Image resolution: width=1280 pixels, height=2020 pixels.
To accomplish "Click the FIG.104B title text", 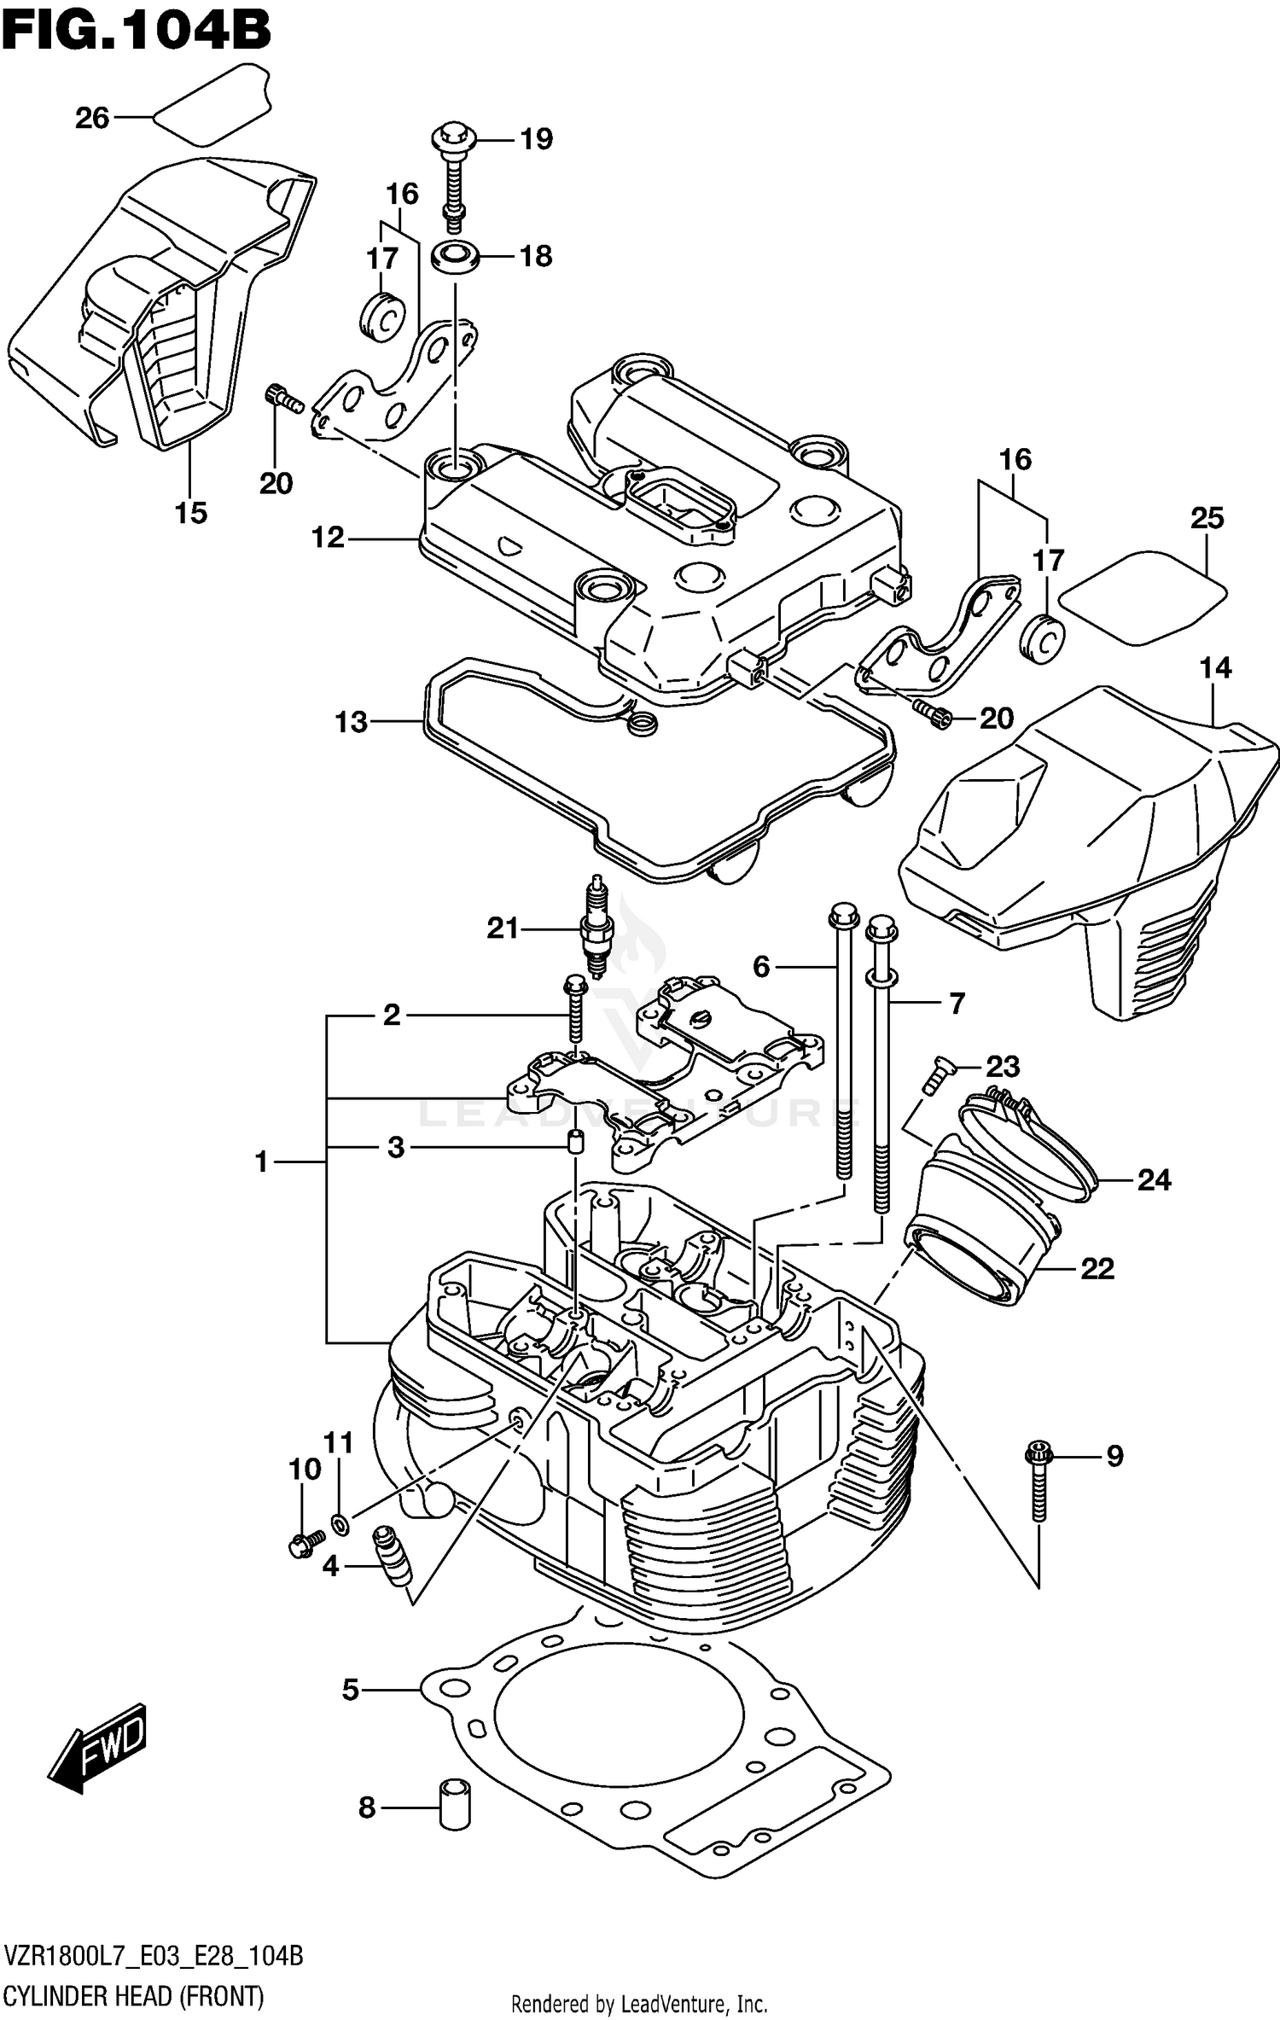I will (137, 32).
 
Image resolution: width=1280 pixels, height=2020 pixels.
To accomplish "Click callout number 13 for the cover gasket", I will (351, 722).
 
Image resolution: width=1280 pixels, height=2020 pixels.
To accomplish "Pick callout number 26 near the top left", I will (92, 117).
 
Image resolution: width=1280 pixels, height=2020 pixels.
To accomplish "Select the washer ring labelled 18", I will (454, 256).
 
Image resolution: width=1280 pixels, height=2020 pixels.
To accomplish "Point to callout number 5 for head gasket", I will (351, 1689).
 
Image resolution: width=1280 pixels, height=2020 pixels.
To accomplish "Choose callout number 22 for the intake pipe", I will (1097, 1269).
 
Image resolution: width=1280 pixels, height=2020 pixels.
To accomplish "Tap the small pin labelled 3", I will (575, 1141).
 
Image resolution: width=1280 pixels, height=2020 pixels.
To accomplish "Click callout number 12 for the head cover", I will (328, 538).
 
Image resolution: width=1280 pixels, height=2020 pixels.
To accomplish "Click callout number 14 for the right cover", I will (1215, 667).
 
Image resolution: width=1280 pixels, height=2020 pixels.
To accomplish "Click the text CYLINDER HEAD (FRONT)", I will (134, 1996).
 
